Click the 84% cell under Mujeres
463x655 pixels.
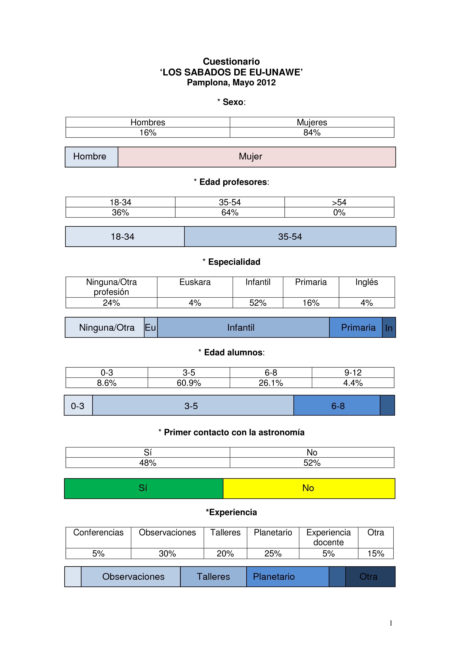click(312, 133)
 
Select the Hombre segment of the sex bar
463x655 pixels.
click(91, 157)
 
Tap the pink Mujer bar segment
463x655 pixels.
click(257, 157)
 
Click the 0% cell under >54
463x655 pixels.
click(339, 212)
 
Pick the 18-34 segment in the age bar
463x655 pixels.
click(125, 237)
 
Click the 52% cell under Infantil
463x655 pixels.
click(258, 303)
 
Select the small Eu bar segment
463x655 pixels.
click(151, 327)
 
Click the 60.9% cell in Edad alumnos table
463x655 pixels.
click(189, 383)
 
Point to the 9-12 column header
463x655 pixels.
click(353, 372)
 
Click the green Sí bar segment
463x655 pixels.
click(143, 488)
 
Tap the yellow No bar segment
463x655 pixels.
click(309, 488)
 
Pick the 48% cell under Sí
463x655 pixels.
click(148, 463)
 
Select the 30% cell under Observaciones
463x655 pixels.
click(167, 553)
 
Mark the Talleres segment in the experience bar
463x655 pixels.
click(213, 577)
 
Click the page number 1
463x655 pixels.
click(391, 623)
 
